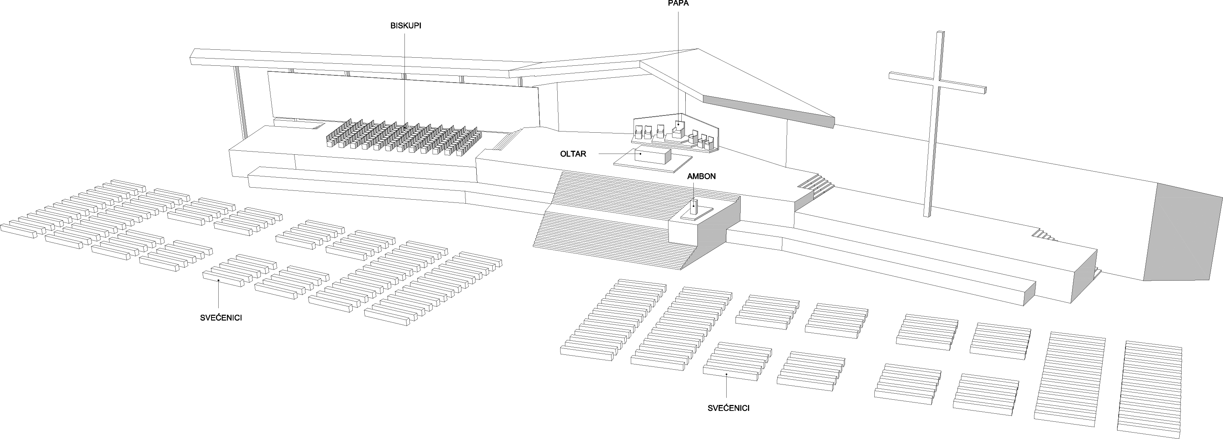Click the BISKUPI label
coord(405,26)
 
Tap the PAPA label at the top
coord(678,3)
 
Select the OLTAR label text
coord(573,154)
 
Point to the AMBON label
coord(701,176)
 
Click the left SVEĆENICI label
coord(221,318)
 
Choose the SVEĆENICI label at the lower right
coord(728,408)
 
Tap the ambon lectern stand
coord(694,209)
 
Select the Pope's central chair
coord(679,128)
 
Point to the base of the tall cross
coord(927,214)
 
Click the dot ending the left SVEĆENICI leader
coord(218,280)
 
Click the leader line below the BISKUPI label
coord(404,76)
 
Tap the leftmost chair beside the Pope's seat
coord(638,131)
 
